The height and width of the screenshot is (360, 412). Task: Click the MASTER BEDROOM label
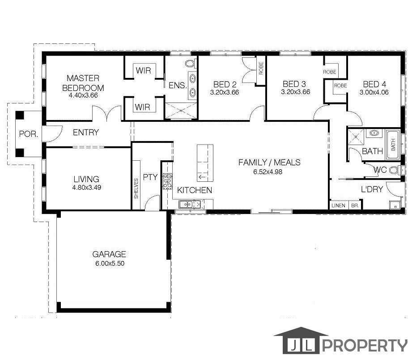[x=83, y=83]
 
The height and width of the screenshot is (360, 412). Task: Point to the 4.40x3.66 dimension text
[x=83, y=95]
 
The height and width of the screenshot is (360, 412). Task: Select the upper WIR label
[x=143, y=71]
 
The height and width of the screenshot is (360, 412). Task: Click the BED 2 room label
[x=225, y=84]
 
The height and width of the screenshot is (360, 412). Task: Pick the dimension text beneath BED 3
[x=295, y=92]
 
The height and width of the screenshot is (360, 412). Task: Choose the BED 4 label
[x=374, y=84]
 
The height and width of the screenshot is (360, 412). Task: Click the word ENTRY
[x=85, y=133]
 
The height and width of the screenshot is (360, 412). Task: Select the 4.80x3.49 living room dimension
[x=87, y=188]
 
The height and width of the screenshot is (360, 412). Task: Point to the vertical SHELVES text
[x=136, y=189]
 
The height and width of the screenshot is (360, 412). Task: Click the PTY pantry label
[x=150, y=177]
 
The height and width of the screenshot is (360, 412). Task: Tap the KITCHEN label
[x=195, y=190]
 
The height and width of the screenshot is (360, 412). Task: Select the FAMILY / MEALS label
[x=269, y=162]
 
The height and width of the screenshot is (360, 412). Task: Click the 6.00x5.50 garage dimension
[x=109, y=264]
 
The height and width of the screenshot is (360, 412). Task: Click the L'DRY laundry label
[x=372, y=189]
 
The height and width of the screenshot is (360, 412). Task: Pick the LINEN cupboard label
[x=339, y=206]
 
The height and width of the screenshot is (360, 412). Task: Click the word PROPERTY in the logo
[x=365, y=346]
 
